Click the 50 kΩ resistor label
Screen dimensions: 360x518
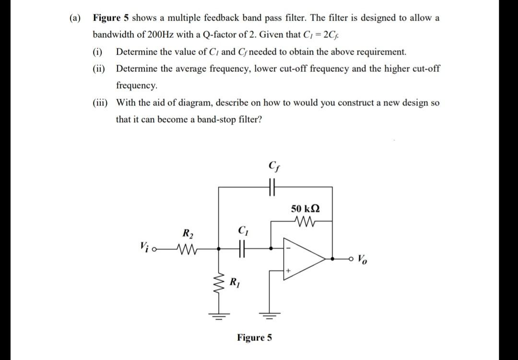pos(305,209)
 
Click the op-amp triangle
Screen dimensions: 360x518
pos(307,259)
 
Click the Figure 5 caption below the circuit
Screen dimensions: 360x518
pos(254,337)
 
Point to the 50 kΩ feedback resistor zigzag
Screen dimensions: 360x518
pos(305,222)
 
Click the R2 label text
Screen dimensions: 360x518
pos(187,234)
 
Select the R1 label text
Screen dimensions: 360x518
pos(235,281)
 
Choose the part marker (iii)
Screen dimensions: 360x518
pos(100,103)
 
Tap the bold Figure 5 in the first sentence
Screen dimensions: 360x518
pos(111,18)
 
